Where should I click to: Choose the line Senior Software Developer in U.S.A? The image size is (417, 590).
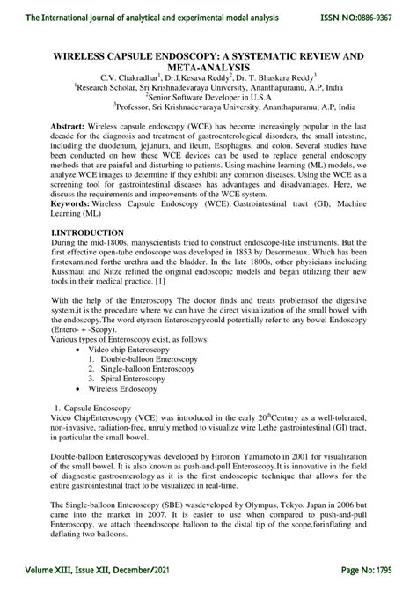coord(209,96)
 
